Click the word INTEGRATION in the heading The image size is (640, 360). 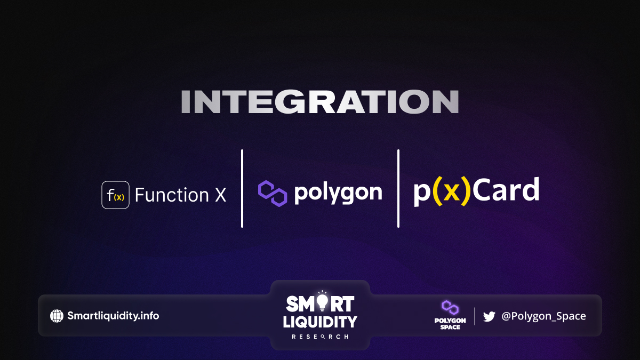point(320,102)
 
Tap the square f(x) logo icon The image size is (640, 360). point(115,195)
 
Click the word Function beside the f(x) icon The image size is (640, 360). point(172,195)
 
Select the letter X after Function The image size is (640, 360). point(220,195)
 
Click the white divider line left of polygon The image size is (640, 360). point(242,189)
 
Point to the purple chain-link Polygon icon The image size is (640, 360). point(273,194)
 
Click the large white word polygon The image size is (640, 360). point(338,193)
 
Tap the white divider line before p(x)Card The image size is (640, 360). point(398,189)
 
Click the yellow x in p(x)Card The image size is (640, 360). point(451,193)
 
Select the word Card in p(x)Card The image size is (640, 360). point(506,189)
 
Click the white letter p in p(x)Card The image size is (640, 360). point(422,194)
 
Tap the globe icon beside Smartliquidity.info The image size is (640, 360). point(57,316)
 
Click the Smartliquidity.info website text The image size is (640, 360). point(113,316)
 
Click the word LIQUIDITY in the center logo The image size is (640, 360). point(320,322)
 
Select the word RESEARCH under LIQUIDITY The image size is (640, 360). point(320,337)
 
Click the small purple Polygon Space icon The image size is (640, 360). point(450,307)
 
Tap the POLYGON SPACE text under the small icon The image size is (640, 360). point(450,324)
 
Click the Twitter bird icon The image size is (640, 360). point(489,317)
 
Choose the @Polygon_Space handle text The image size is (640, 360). point(543,316)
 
